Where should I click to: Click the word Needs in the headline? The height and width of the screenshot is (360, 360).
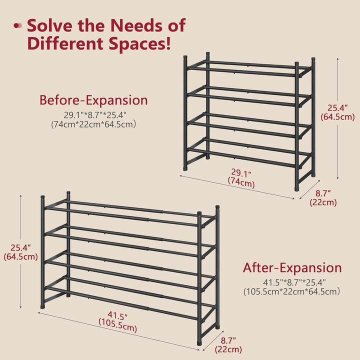point(136,25)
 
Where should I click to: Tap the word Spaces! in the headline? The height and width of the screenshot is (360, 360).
point(140,43)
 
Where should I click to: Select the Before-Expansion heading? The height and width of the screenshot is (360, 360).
point(93,100)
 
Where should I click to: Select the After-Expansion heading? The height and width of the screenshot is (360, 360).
point(292,267)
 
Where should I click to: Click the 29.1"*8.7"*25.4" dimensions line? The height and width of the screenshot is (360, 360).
point(95,115)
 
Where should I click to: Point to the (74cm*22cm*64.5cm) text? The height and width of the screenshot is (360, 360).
point(93,124)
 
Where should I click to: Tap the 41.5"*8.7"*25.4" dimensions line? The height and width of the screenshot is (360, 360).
point(294,282)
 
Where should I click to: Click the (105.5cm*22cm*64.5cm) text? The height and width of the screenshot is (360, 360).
point(291,292)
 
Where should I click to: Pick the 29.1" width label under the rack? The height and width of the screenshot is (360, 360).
point(241,173)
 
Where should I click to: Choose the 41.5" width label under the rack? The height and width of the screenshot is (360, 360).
point(118,315)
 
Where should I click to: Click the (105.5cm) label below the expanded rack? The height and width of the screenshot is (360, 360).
point(118,325)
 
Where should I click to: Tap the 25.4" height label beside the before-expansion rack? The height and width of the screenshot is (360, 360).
point(337,107)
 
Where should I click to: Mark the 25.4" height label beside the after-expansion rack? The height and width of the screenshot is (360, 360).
point(20,247)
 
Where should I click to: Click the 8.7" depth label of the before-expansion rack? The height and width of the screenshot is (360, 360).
point(323,193)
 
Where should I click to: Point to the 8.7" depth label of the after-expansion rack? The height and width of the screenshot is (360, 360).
point(228,340)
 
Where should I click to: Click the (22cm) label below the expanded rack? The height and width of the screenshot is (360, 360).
point(228,349)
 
